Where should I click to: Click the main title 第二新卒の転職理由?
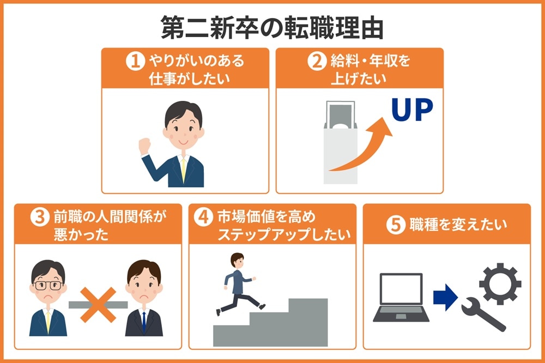[x=272, y=28]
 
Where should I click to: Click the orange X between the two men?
[x=98, y=304]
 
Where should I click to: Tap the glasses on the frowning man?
[x=48, y=285]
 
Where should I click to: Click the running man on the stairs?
[x=235, y=283]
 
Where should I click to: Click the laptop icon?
[x=401, y=297]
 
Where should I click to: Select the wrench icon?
[x=482, y=316]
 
